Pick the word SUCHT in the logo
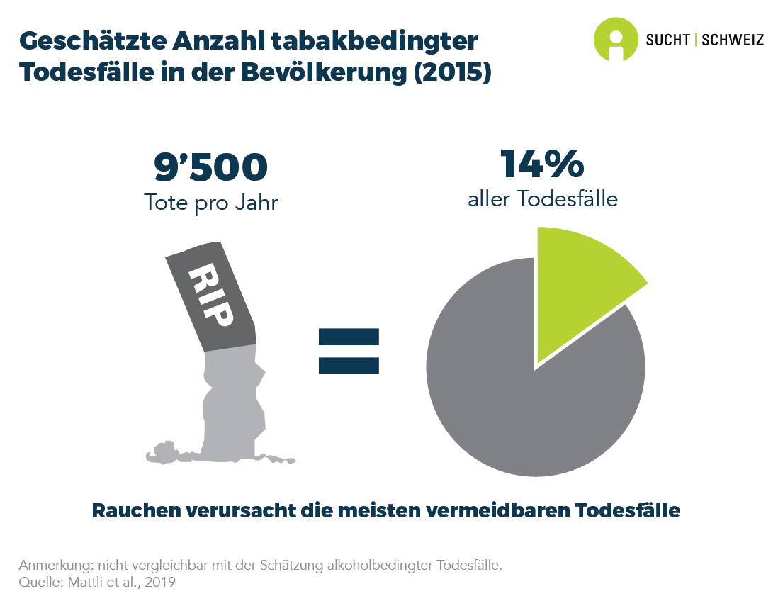click(667, 40)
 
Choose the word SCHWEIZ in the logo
click(733, 40)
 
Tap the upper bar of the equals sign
click(349, 336)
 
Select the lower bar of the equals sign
click(349, 365)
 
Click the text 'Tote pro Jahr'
click(211, 203)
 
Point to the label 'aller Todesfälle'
click(543, 199)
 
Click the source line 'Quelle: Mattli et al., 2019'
click(97, 582)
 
